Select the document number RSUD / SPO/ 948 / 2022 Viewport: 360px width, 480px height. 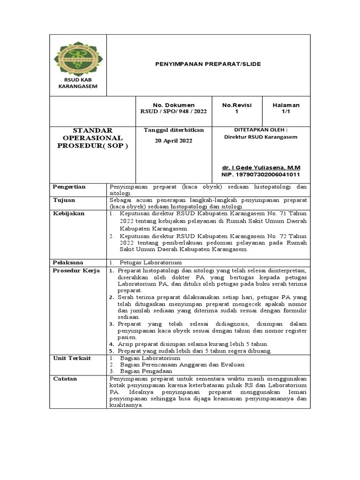tap(173, 112)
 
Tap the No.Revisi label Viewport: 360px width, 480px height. tap(237, 105)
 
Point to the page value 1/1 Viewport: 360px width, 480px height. tap(286, 112)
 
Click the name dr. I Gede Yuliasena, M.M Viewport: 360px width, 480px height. tap(261, 167)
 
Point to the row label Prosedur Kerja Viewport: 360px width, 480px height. tap(76, 271)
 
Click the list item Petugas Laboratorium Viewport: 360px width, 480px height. tap(150, 262)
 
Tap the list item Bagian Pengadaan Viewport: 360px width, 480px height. tap(146, 371)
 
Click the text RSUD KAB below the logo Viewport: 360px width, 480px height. tap(78, 80)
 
